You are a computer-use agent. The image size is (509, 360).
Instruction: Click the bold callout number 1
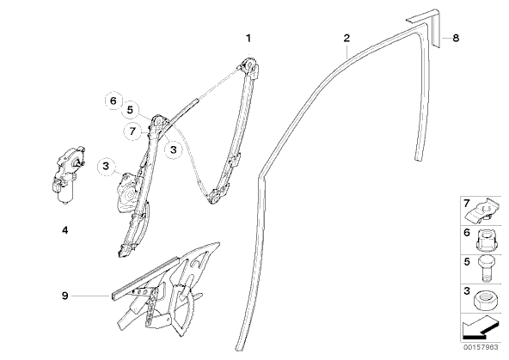coord(248,39)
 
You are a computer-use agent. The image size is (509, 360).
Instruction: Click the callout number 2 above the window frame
coord(346,38)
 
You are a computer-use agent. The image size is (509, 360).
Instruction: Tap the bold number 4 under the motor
coord(65,230)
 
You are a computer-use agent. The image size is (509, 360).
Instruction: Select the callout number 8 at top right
coord(456,38)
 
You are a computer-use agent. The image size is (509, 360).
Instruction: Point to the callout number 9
coord(65,296)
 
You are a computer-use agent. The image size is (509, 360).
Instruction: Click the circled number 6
coord(113,101)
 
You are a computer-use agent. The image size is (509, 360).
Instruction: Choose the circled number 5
coord(130,110)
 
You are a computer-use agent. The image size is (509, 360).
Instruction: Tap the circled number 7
coord(132,131)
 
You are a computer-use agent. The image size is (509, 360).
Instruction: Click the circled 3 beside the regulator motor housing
coord(106,166)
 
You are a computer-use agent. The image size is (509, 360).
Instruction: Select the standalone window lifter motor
coord(67,175)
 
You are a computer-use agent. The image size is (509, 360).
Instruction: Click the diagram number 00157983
coord(481,347)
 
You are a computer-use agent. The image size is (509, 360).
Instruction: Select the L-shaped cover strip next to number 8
coord(424,28)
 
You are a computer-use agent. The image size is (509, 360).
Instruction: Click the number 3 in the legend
coord(467,291)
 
